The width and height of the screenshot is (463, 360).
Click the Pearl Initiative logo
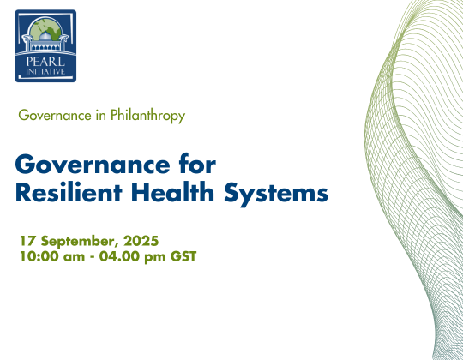(45, 45)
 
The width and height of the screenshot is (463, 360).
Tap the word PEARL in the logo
(45, 62)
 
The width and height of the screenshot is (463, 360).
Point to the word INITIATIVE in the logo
(45, 71)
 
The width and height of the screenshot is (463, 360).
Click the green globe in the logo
(45, 29)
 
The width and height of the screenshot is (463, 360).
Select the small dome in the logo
(45, 36)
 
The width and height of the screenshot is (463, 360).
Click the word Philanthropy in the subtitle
(148, 116)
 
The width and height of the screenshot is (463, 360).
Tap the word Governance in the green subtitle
(55, 115)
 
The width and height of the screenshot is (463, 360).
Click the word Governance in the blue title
(93, 165)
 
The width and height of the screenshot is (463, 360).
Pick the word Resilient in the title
(69, 192)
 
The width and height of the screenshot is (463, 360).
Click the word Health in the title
(172, 192)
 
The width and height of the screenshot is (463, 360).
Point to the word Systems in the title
(276, 194)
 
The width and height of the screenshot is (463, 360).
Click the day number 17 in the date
(27, 241)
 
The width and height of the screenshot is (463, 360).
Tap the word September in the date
(78, 242)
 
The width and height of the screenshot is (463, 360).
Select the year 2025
(141, 241)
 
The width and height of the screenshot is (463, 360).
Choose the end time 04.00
(119, 256)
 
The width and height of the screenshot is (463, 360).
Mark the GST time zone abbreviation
(183, 256)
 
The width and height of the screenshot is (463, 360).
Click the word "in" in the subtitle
(100, 115)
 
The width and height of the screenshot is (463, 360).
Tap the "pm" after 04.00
(155, 258)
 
